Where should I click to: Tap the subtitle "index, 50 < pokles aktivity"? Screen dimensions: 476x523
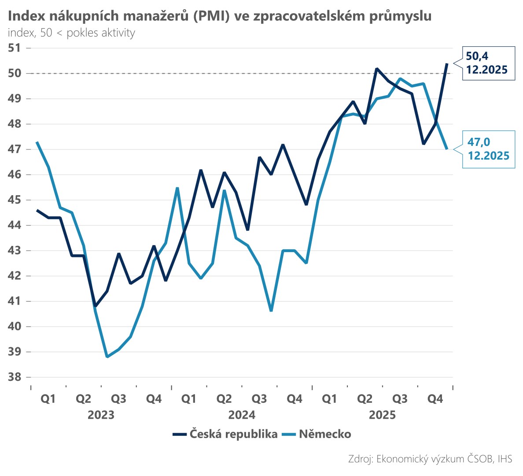(x=71, y=33)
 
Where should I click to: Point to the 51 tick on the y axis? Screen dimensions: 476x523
(x=15, y=48)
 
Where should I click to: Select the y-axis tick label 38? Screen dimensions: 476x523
(x=15, y=377)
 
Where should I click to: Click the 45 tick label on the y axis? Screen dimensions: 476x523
(x=15, y=200)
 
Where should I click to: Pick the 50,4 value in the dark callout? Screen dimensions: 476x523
(x=477, y=56)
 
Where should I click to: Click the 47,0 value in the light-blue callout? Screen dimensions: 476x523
(x=479, y=142)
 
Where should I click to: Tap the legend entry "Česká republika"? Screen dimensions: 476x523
(x=233, y=434)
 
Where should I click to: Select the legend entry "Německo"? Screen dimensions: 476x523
(x=325, y=434)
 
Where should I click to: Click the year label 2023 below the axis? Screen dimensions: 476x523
(x=101, y=415)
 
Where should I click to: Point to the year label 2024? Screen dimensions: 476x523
(x=242, y=415)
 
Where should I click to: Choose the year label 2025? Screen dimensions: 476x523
(x=382, y=415)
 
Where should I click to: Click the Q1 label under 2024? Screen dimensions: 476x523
(x=189, y=399)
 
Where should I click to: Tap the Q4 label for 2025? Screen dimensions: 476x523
(x=435, y=399)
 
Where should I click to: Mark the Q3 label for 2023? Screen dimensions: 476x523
(x=118, y=399)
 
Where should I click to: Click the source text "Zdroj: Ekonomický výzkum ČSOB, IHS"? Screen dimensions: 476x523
(x=430, y=459)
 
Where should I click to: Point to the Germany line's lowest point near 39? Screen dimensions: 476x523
(x=107, y=357)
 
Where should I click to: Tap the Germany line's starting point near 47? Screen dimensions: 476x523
(x=37, y=142)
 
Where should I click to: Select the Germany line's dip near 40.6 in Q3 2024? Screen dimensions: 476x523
(x=271, y=311)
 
